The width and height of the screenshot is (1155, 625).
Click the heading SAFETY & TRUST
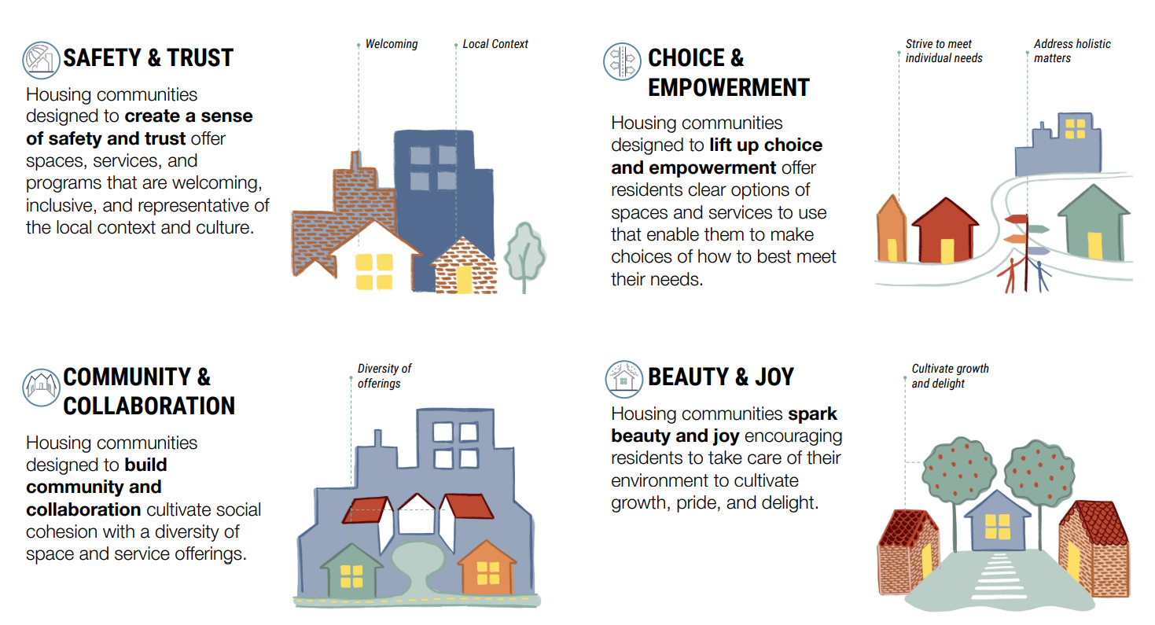click(x=148, y=57)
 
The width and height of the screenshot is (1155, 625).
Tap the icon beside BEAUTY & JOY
click(x=624, y=378)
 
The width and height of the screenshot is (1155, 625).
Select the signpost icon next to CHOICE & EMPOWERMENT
click(x=623, y=61)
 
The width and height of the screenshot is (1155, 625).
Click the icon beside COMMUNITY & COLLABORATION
click(x=41, y=387)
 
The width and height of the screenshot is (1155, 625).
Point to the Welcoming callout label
click(x=391, y=44)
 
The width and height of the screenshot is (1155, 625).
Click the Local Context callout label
click(x=495, y=44)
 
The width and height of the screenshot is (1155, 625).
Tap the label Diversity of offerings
click(x=384, y=376)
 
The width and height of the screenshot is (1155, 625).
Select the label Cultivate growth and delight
click(x=950, y=376)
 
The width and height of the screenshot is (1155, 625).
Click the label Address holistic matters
click(x=1072, y=51)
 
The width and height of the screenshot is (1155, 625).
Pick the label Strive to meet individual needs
click(x=943, y=51)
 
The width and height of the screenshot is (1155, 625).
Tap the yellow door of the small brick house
click(x=464, y=280)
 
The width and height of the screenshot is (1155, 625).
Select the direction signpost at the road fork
click(x=1024, y=236)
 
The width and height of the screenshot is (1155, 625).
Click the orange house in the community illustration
click(x=487, y=568)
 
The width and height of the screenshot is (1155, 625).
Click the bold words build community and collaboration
click(x=94, y=487)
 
